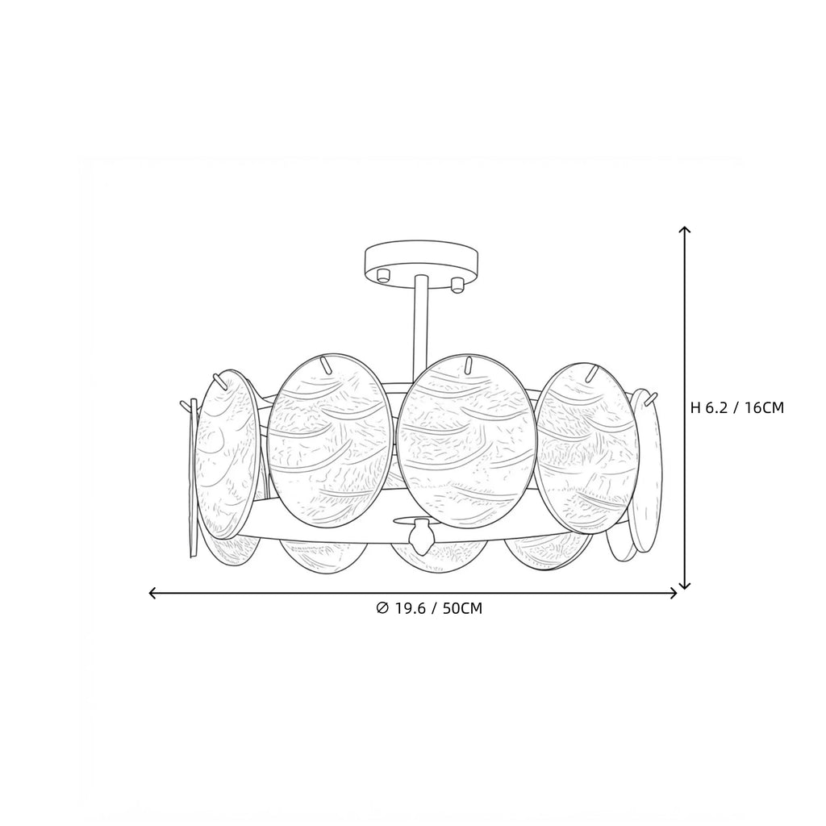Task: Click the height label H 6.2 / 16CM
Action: [x=737, y=407]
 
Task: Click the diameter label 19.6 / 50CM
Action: [x=438, y=608]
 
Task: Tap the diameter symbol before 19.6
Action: [x=383, y=608]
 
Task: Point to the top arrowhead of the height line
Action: [x=684, y=231]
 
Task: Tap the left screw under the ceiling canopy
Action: [x=383, y=274]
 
